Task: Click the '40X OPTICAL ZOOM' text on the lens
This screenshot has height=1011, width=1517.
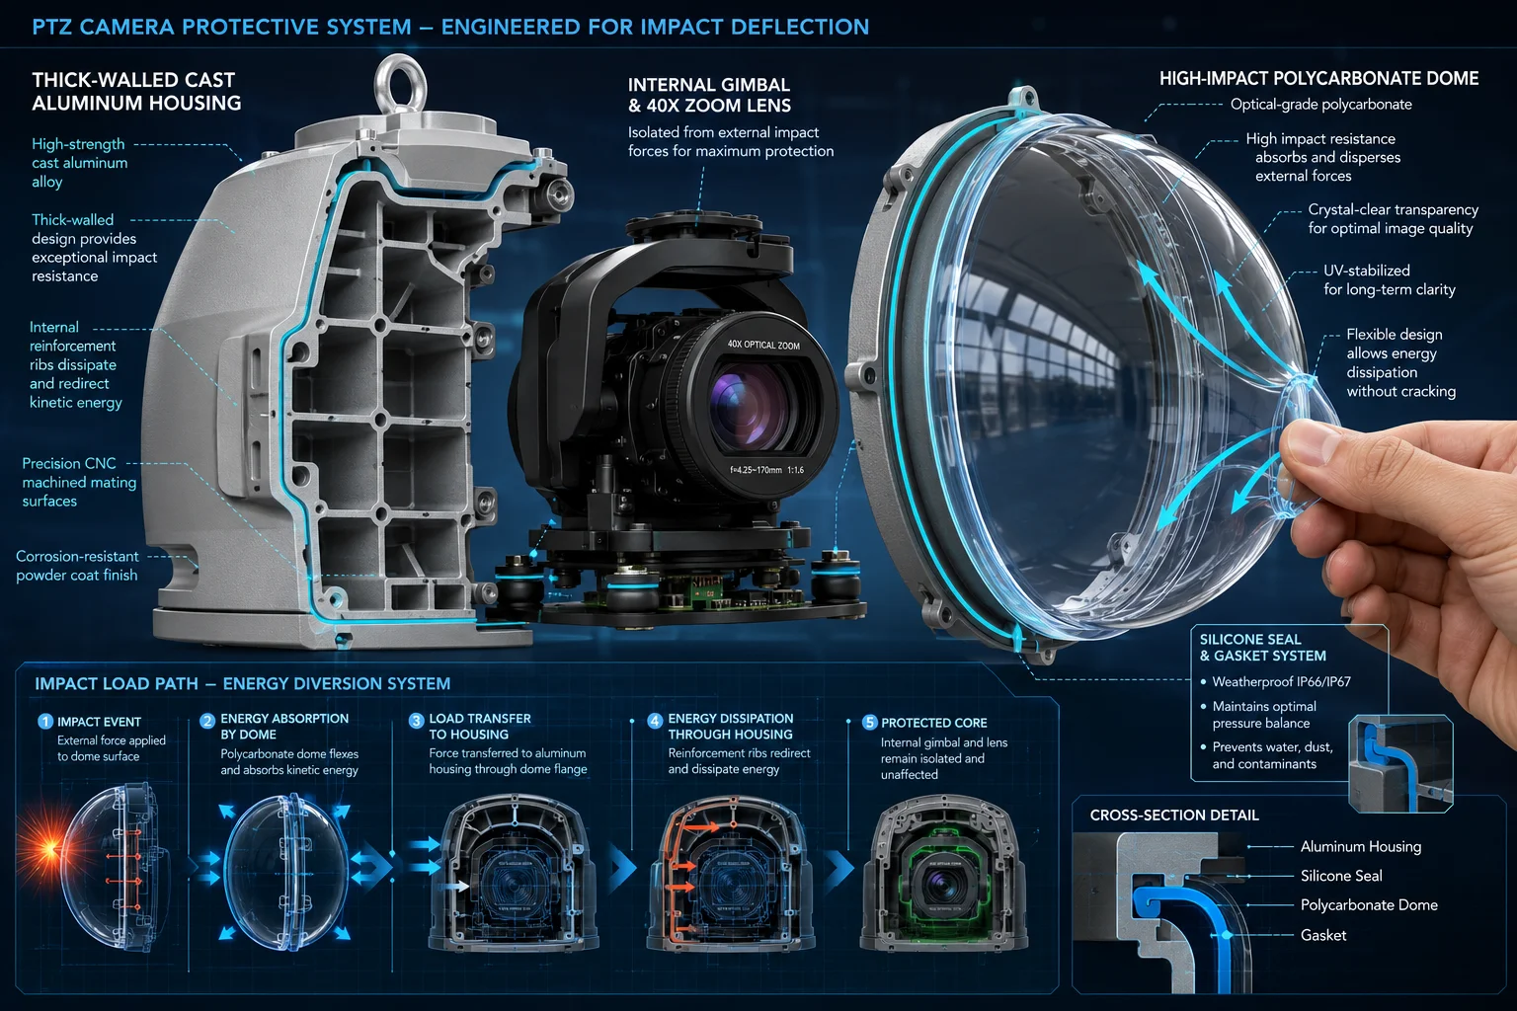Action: pyautogui.click(x=763, y=345)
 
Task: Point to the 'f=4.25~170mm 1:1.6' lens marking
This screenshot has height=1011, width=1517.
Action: pyautogui.click(x=766, y=470)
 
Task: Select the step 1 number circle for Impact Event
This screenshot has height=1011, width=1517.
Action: pyautogui.click(x=45, y=722)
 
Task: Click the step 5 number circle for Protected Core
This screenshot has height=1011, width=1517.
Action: pyautogui.click(x=869, y=723)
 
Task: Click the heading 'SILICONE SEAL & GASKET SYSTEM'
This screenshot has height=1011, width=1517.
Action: pyautogui.click(x=1262, y=648)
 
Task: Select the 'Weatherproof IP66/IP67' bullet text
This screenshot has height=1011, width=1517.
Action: pyautogui.click(x=1281, y=682)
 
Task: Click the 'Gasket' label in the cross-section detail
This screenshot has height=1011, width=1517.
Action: pyautogui.click(x=1323, y=935)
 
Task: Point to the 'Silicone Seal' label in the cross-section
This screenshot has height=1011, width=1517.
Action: pyautogui.click(x=1341, y=876)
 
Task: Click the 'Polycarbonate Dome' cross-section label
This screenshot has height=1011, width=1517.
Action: pyautogui.click(x=1369, y=905)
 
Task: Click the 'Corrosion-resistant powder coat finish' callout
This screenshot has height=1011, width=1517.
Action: pyautogui.click(x=76, y=566)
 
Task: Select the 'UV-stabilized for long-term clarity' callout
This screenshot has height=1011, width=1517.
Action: pyautogui.click(x=1389, y=279)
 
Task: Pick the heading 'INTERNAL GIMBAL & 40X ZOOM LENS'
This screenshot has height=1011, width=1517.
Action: pyautogui.click(x=709, y=95)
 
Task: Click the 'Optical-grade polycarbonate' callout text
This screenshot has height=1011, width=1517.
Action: pyautogui.click(x=1320, y=105)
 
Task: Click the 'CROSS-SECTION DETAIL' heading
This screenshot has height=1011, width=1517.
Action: pyautogui.click(x=1173, y=816)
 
